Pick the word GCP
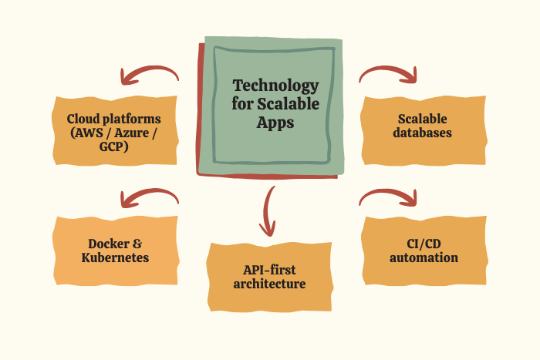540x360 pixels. [114, 145]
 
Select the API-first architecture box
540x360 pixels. [269, 277]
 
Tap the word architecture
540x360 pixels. [269, 284]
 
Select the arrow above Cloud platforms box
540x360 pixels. [148, 75]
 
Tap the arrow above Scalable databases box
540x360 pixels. [389, 74]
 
